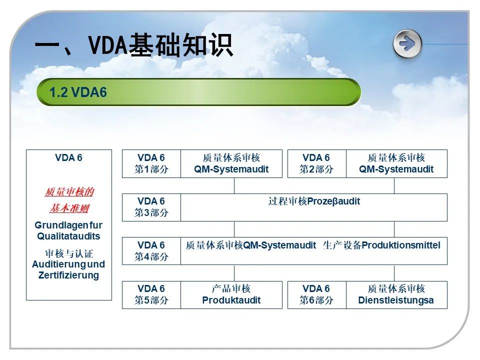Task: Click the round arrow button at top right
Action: pyautogui.click(x=407, y=44)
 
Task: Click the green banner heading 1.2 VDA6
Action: pyautogui.click(x=198, y=92)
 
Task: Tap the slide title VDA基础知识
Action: pyautogui.click(x=134, y=45)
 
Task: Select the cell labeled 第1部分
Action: pyautogui.click(x=151, y=163)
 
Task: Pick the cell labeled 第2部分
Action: pyautogui.click(x=316, y=163)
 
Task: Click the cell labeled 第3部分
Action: pyautogui.click(x=151, y=207)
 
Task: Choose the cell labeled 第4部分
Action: pyautogui.click(x=151, y=250)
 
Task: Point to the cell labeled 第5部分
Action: pyautogui.click(x=151, y=294)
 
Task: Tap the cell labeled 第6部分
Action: pyautogui.click(x=316, y=294)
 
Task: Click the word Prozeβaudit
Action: pyautogui.click(x=333, y=201)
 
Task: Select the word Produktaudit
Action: pyautogui.click(x=231, y=300)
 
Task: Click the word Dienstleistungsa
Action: pyautogui.click(x=396, y=300)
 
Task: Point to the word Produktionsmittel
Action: pyautogui.click(x=401, y=245)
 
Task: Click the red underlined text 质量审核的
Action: pyautogui.click(x=69, y=192)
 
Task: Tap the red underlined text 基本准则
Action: pyautogui.click(x=69, y=208)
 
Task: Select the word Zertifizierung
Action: pyautogui.click(x=68, y=275)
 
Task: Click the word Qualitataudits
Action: pyautogui.click(x=68, y=236)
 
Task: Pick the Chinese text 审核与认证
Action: pyautogui.click(x=69, y=253)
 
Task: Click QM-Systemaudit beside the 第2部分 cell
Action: pyautogui.click(x=396, y=169)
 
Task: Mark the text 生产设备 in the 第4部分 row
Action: pyautogui.click(x=342, y=245)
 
